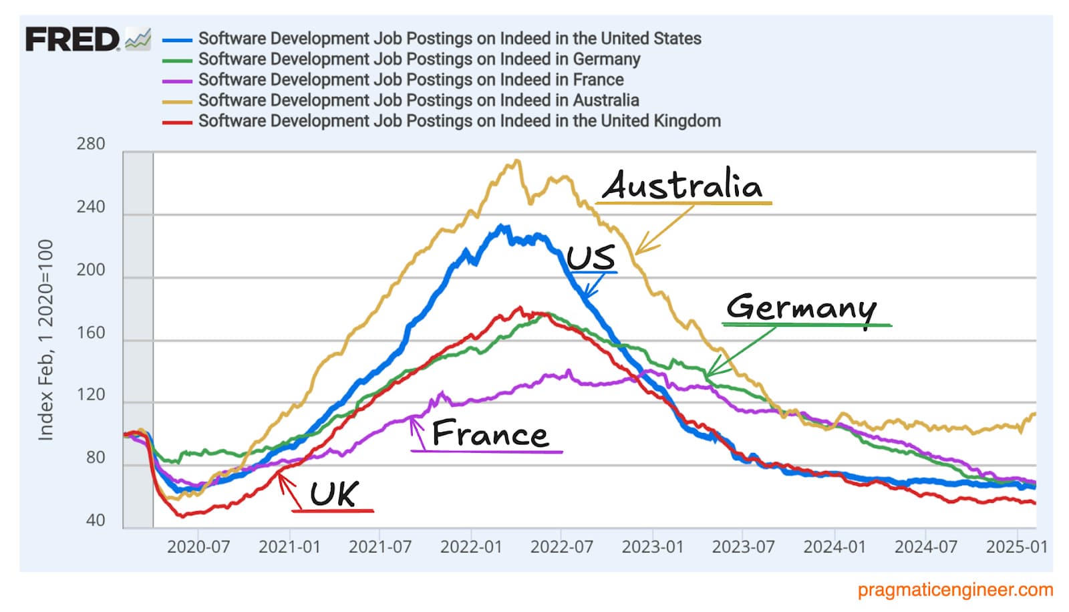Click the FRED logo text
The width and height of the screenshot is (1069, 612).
[72, 39]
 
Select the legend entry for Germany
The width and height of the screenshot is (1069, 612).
[419, 59]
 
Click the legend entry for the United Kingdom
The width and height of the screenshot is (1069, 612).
[459, 121]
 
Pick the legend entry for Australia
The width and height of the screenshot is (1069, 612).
[418, 100]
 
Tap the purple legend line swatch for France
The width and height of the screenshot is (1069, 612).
[178, 81]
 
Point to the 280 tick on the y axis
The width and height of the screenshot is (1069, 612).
[91, 144]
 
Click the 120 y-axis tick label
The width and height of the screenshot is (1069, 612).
[91, 394]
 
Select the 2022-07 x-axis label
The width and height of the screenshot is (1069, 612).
[561, 547]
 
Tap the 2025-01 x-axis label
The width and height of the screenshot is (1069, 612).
[1016, 547]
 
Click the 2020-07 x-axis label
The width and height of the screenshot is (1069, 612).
[198, 547]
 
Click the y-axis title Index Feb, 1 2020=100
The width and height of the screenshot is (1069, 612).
[45, 340]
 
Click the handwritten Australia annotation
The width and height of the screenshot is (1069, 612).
[683, 185]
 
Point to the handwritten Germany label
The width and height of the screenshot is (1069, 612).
[801, 307]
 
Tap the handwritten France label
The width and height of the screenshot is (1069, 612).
[490, 434]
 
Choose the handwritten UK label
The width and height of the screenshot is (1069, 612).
[334, 494]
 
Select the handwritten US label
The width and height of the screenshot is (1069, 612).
[591, 258]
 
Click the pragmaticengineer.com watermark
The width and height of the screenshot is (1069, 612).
[955, 590]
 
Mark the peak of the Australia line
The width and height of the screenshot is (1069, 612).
[516, 160]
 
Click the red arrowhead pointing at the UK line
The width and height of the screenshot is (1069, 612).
[281, 476]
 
